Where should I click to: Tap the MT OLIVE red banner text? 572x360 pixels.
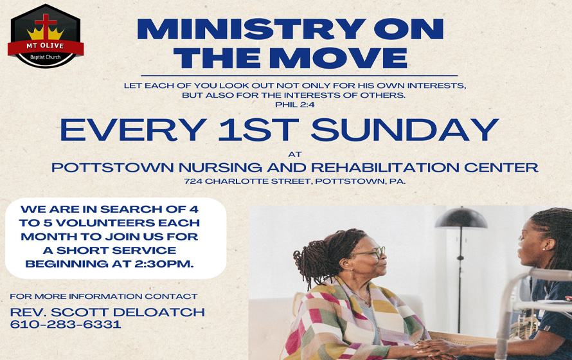tap(44, 47)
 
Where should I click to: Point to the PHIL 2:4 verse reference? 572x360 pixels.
tap(294, 105)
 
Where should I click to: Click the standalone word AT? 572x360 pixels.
tap(294, 154)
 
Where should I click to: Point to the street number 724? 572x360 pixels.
tap(192, 182)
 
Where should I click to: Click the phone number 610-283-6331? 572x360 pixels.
tap(66, 325)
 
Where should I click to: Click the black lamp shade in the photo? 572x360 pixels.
tap(461, 218)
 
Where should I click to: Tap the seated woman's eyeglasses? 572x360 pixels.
tap(376, 253)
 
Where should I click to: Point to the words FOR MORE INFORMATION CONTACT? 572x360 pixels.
tap(103, 296)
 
